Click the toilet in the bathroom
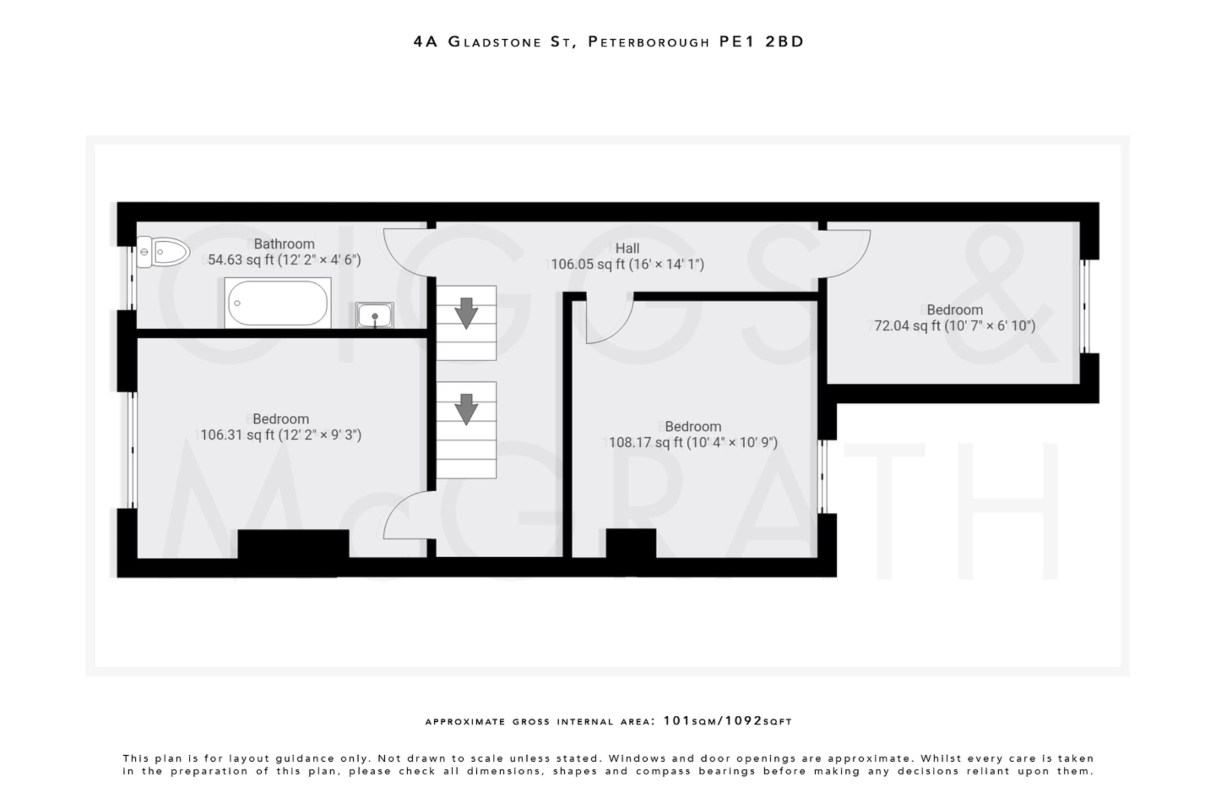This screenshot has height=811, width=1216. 163,253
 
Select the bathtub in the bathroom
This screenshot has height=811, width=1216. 278,303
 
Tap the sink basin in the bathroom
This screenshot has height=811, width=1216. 375,315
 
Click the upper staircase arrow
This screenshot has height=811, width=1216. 466,313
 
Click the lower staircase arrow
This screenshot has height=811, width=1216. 466,409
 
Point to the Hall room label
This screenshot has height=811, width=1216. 627,248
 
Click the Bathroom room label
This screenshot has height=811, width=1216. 284,244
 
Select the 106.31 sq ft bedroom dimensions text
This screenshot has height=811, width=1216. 280,435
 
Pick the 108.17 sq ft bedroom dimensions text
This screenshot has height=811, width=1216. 693,443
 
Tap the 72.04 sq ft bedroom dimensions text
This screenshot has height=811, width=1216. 955,326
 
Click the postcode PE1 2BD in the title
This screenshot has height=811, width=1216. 761,42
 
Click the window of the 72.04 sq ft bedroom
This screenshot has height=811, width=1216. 1085,307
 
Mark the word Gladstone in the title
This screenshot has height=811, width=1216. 495,42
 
